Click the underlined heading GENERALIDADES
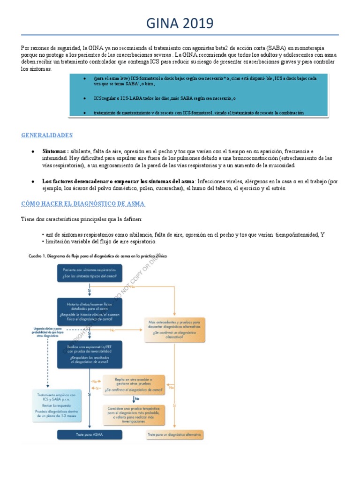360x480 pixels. pyautogui.click(x=47, y=135)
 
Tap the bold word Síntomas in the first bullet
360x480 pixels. pyautogui.click(x=55, y=151)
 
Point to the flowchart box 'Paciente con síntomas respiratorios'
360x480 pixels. pyautogui.click(x=90, y=273)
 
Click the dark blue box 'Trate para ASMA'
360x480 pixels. pyautogui.click(x=90, y=435)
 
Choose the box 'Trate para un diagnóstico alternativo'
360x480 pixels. pyautogui.click(x=175, y=435)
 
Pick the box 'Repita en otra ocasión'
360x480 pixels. pyautogui.click(x=134, y=383)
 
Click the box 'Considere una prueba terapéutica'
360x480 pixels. pyautogui.click(x=134, y=415)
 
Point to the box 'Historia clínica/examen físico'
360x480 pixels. pyautogui.click(x=90, y=312)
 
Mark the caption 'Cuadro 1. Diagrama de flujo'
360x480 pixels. pyautogui.click(x=94, y=256)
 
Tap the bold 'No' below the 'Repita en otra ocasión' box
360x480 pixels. pyautogui.click(x=136, y=398)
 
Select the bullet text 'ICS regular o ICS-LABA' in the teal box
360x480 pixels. pyautogui.click(x=164, y=98)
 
